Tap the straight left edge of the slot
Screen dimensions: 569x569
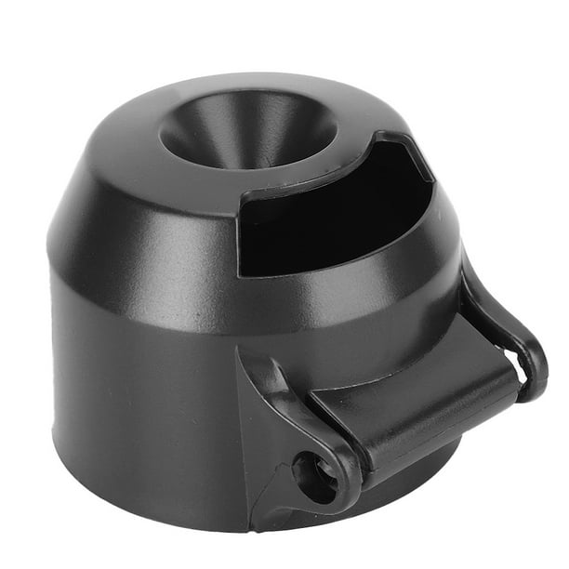[241, 232]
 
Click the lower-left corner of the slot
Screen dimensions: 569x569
[244, 271]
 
